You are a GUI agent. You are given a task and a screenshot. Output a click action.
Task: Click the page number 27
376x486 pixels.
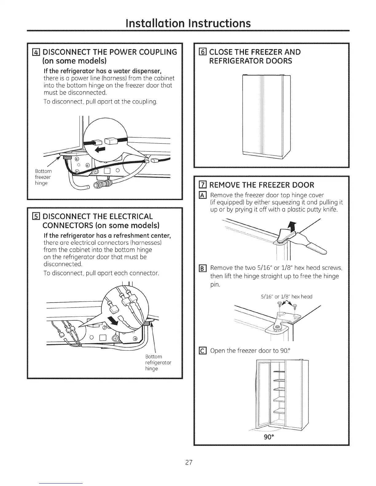[x=188, y=463]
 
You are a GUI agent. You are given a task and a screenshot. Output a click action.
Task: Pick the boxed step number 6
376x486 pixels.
[x=202, y=52]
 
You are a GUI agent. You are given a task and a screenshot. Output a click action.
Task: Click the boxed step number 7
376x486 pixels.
[x=202, y=185]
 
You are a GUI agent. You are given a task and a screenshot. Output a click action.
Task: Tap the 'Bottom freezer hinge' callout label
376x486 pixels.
[x=43, y=177]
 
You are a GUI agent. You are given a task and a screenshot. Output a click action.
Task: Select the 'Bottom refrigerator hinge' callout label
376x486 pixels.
[x=158, y=362]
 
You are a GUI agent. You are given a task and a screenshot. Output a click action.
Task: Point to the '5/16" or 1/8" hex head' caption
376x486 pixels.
[x=286, y=296]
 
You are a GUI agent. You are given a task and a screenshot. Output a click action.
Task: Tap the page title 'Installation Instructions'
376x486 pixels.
[x=188, y=23]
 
